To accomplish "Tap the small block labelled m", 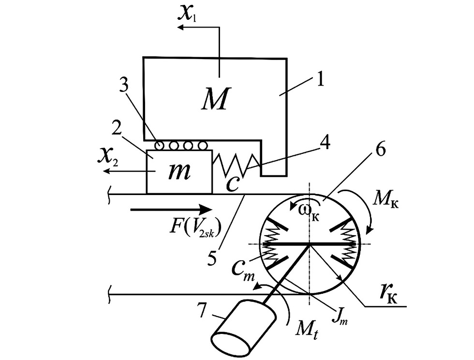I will (x=179, y=172).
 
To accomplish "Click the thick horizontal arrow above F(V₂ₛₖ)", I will (x=171, y=209).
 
